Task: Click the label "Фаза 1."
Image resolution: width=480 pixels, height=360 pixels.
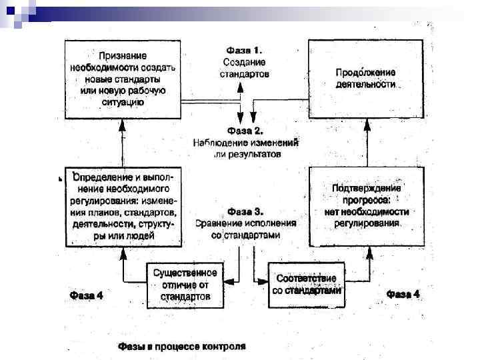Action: point(244,50)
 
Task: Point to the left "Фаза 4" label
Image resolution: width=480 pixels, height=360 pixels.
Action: point(87,294)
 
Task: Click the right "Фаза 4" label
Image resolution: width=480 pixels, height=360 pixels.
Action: point(403,293)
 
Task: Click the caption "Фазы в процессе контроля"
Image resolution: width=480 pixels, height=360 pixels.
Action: point(181,347)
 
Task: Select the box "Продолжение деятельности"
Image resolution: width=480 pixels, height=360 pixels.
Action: point(365,78)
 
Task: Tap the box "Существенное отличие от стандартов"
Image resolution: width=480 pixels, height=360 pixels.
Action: point(185,284)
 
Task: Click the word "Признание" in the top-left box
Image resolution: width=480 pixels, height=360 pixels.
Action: point(123,56)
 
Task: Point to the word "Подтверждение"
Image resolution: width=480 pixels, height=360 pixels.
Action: point(367,187)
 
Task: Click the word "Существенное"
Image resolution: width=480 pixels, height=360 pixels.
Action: point(185,273)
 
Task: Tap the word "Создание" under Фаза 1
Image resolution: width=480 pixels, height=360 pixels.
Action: point(244,61)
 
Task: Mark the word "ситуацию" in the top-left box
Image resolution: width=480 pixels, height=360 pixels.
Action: point(123,102)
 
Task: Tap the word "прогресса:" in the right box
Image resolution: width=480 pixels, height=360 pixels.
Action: point(367,199)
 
